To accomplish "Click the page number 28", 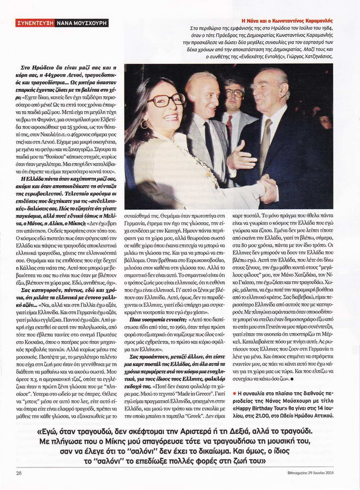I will click(19, 473).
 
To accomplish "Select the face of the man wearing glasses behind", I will click(233, 94).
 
